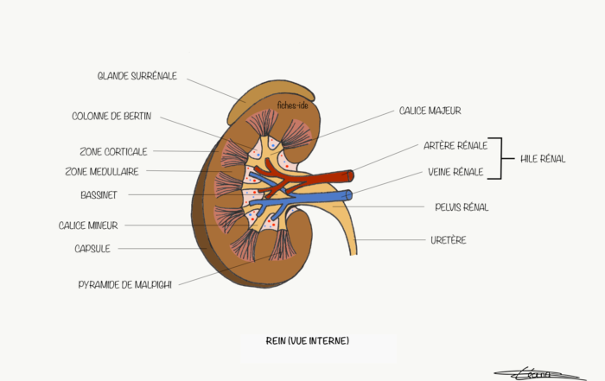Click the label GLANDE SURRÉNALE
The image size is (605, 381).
137,76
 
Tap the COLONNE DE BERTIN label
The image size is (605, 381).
111,116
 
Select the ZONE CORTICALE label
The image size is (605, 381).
113,151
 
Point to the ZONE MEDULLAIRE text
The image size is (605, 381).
102,172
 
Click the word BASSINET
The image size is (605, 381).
99,195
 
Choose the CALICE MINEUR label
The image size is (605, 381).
88,225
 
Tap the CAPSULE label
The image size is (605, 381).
92,249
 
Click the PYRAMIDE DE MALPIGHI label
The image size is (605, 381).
125,285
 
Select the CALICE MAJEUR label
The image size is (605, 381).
430,111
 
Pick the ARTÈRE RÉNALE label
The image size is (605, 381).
455,146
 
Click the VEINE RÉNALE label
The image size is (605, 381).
455,172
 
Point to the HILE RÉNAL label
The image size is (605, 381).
543,159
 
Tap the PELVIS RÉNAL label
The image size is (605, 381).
462,207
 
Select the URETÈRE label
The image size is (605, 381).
449,240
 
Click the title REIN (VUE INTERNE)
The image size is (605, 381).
308,341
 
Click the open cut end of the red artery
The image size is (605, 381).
350,176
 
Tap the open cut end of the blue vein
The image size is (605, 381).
349,195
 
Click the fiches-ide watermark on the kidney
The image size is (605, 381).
292,105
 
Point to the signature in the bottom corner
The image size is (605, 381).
540,374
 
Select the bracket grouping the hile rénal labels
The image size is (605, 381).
501,158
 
